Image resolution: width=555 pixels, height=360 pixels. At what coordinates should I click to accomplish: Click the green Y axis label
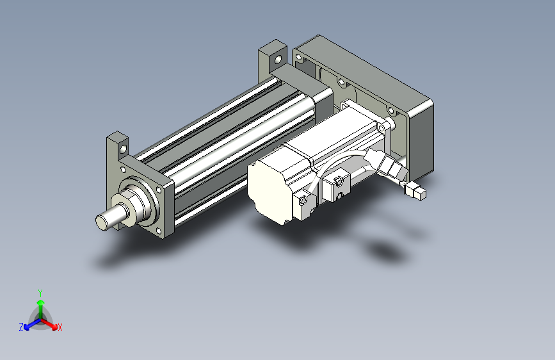[x=40, y=293]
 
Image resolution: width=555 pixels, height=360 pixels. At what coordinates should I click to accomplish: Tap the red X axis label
[x=60, y=327]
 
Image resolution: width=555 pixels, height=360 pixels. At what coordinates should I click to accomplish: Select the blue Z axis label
[x=21, y=327]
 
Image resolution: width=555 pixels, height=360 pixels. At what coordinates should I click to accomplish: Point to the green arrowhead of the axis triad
[x=41, y=302]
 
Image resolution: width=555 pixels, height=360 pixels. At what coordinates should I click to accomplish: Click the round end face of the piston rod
[x=101, y=222]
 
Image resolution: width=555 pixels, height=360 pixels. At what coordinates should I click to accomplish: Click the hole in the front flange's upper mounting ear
[x=123, y=149]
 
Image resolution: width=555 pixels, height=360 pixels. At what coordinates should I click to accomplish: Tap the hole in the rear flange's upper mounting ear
[x=278, y=59]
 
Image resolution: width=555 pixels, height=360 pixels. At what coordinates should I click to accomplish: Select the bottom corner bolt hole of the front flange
[x=158, y=231]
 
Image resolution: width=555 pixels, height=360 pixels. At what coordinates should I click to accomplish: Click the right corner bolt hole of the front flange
[x=159, y=190]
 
